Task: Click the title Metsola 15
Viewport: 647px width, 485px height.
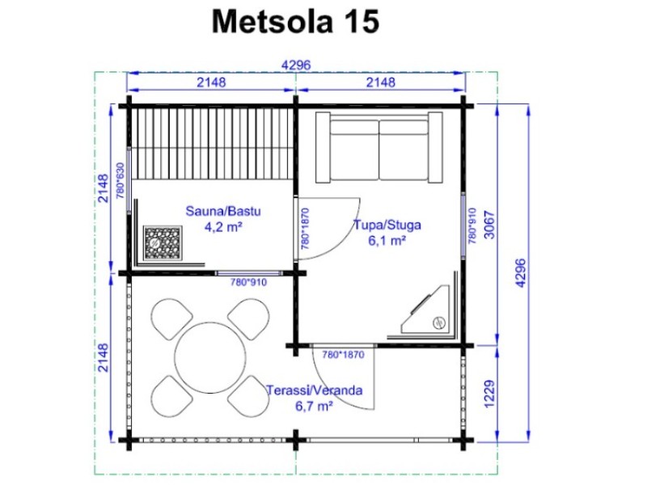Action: [295, 22]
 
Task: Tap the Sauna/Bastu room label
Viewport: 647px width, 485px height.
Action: [223, 211]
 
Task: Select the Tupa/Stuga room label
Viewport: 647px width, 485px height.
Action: [387, 226]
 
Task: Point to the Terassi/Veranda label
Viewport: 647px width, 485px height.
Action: [315, 390]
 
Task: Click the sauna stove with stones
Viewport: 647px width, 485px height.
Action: [163, 243]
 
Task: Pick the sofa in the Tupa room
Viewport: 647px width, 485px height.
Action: [378, 147]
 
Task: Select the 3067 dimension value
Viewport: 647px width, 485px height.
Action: [489, 225]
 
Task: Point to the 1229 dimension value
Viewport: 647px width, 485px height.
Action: [489, 394]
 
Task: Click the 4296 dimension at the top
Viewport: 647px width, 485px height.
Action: [296, 65]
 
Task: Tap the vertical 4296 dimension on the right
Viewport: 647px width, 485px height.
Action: [521, 273]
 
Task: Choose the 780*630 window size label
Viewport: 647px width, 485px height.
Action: [120, 180]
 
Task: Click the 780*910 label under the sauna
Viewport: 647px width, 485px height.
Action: [248, 282]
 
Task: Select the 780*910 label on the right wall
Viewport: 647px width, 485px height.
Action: [472, 226]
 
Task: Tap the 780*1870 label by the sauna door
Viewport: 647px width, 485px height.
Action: [305, 229]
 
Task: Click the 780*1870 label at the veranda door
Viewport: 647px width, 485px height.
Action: [343, 355]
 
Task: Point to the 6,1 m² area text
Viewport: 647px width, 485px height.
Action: [387, 240]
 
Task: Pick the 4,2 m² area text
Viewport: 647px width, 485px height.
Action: [223, 226]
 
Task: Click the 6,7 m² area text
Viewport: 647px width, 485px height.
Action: [314, 407]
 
